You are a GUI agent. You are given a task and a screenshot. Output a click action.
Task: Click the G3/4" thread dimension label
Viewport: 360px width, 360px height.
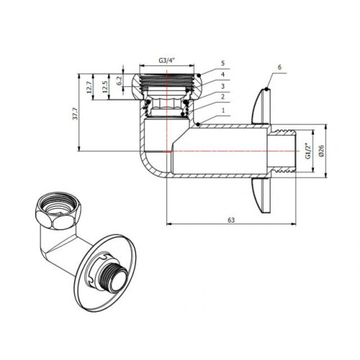click(166, 60)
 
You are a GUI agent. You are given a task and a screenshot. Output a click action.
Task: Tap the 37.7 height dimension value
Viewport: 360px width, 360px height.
click(76, 114)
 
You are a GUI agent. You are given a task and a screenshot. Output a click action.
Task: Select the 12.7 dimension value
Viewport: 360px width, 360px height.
click(89, 87)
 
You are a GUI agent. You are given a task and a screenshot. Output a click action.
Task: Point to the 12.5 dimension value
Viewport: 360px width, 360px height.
click(105, 87)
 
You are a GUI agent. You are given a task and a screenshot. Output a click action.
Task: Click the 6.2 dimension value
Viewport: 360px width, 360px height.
click(120, 81)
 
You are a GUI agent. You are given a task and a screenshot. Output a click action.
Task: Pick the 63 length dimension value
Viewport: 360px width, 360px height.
click(231, 220)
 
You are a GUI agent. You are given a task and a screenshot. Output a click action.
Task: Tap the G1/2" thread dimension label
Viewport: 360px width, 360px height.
click(307, 151)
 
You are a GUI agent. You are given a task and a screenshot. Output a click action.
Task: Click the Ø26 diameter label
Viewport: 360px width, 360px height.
click(321, 150)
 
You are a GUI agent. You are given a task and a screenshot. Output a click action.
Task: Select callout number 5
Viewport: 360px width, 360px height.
click(223, 63)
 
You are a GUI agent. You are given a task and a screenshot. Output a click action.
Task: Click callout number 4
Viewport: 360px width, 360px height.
click(223, 74)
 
